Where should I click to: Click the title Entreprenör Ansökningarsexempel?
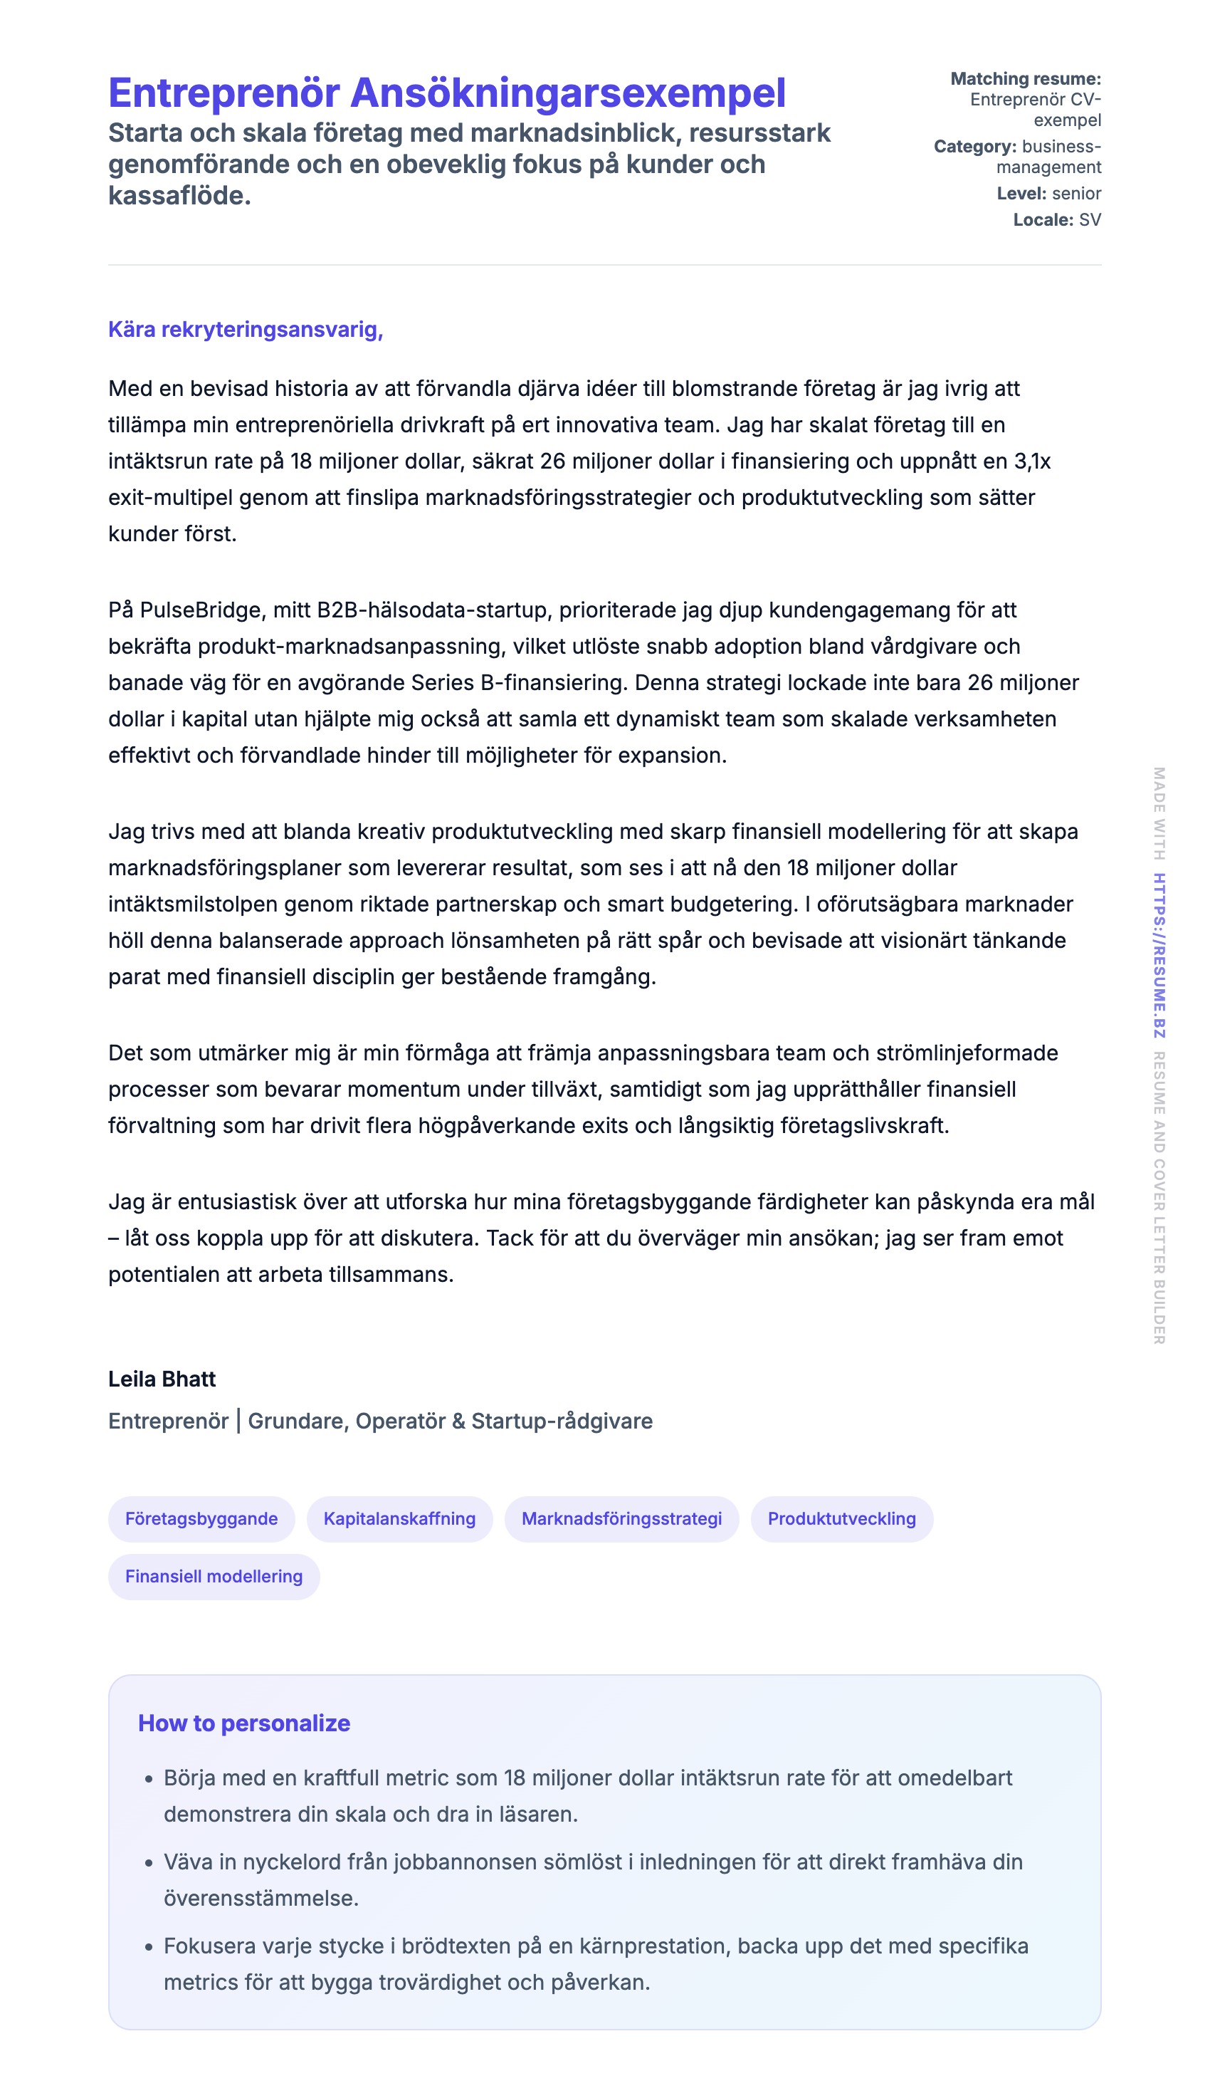pyautogui.click(x=446, y=93)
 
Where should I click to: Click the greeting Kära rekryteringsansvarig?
pyautogui.click(x=245, y=329)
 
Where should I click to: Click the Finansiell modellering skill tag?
pyautogui.click(x=214, y=1576)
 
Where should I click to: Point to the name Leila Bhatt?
pyautogui.click(x=162, y=1379)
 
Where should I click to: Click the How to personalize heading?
pyautogui.click(x=243, y=1723)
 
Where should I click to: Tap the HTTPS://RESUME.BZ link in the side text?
pyautogui.click(x=1159, y=955)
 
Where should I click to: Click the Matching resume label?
pyautogui.click(x=1025, y=79)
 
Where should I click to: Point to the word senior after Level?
pyautogui.click(x=1076, y=194)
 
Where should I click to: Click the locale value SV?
pyautogui.click(x=1090, y=219)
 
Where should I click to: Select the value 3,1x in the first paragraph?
pyautogui.click(x=1032, y=461)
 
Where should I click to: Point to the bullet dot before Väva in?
pyautogui.click(x=149, y=1863)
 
